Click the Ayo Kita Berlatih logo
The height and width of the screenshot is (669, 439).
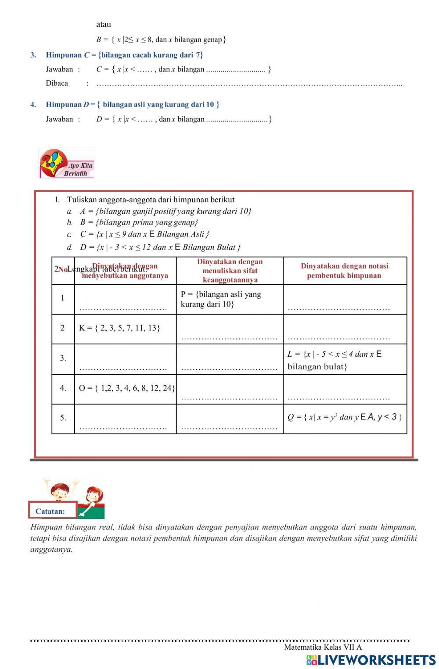click(67, 163)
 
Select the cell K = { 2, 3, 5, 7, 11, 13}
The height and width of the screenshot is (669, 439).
click(119, 328)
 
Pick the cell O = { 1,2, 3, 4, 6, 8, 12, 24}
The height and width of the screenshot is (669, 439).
click(126, 388)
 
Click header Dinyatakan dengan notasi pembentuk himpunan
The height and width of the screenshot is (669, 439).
click(344, 271)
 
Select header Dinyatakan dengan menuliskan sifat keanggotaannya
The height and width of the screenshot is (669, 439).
click(230, 271)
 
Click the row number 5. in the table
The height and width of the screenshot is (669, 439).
click(63, 418)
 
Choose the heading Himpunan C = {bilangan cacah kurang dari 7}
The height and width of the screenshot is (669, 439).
click(124, 55)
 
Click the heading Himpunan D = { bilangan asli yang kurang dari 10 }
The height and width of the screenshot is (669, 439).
click(132, 104)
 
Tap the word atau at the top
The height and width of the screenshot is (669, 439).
click(104, 25)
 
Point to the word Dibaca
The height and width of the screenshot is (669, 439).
click(57, 83)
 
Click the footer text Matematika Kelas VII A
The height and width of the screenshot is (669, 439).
click(323, 647)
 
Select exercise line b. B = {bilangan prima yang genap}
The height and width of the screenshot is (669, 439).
click(139, 222)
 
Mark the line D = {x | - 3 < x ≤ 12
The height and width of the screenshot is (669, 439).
click(160, 247)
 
